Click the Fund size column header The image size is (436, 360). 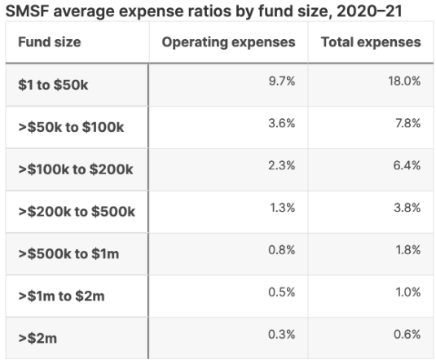coord(50,42)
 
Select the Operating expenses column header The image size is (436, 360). coord(228,42)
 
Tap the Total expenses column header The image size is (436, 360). coord(371,42)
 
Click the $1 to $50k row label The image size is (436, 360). coord(53,85)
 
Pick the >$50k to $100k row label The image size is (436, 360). coord(71,127)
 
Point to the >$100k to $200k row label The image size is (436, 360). coord(76,169)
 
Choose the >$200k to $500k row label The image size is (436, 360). coord(77,212)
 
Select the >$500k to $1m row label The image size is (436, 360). coord(68,254)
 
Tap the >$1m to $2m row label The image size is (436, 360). coord(61,296)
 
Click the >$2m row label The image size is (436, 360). coord(37,338)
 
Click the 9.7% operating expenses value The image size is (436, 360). coord(282,81)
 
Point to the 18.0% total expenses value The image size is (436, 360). coord(404,81)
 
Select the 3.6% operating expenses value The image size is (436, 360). coord(282,123)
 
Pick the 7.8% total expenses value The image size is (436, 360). coord(408,123)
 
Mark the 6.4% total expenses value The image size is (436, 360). coord(407,165)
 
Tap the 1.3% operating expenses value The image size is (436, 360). coord(283,208)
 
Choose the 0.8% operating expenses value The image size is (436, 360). coord(282,250)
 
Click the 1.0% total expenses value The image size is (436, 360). coord(408,292)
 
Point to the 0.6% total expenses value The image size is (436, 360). coord(407,335)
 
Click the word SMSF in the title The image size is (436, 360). coord(27,11)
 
